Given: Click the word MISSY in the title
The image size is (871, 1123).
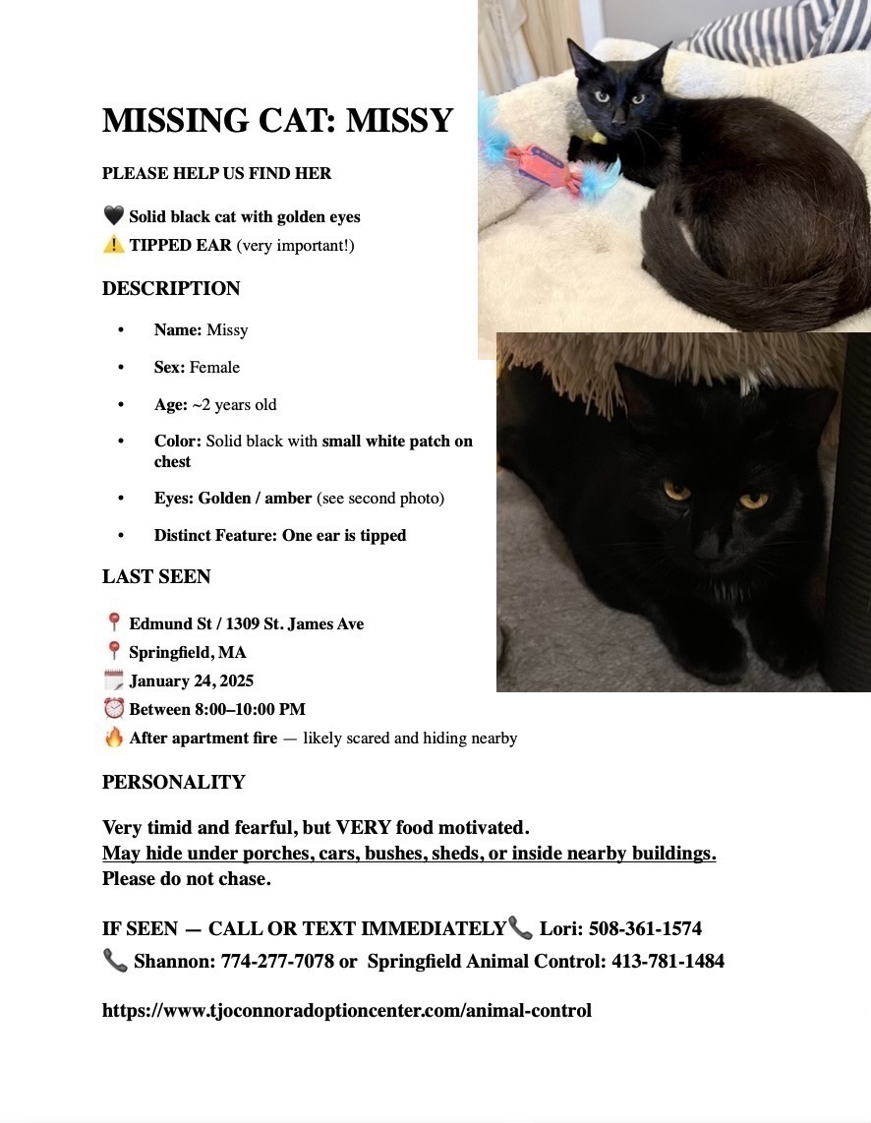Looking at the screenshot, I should [399, 121].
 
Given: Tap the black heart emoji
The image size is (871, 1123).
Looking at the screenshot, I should [113, 216].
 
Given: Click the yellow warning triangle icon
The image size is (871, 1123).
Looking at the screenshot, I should [113, 245].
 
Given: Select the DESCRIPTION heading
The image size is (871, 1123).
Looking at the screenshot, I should [171, 288].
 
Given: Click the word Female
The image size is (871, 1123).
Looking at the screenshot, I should [214, 367].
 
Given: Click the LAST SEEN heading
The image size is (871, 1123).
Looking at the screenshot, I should [156, 576].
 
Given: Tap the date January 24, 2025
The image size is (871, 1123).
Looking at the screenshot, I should [191, 680].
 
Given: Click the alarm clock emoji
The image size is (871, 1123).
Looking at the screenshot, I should [113, 709].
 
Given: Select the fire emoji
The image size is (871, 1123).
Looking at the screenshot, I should [113, 738].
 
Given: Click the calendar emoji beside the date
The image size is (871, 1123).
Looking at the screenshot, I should [113, 680].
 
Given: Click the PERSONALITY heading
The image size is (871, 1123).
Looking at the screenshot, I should [173, 782].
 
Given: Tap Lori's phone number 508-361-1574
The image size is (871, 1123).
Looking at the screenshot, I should [645, 928].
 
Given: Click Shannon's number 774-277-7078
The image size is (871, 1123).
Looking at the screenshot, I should [277, 961].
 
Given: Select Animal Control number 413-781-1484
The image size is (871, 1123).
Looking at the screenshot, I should [668, 961].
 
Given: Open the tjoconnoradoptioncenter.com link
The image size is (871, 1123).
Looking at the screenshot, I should [346, 1010].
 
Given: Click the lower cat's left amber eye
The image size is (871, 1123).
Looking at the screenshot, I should [676, 490].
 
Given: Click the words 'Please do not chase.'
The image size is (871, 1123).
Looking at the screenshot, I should [186, 878].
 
